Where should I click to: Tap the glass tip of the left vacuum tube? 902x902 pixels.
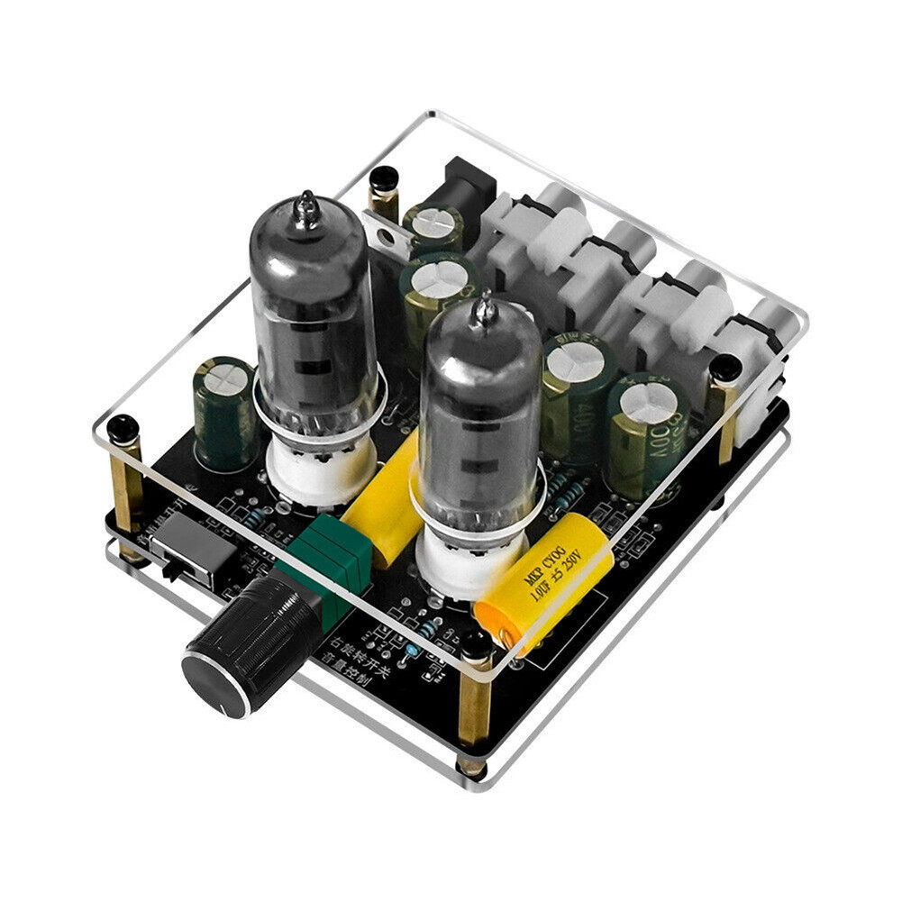[x=307, y=208]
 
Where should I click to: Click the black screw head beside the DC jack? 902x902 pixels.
[x=384, y=178]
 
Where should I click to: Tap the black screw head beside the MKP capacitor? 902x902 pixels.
[x=476, y=642]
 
